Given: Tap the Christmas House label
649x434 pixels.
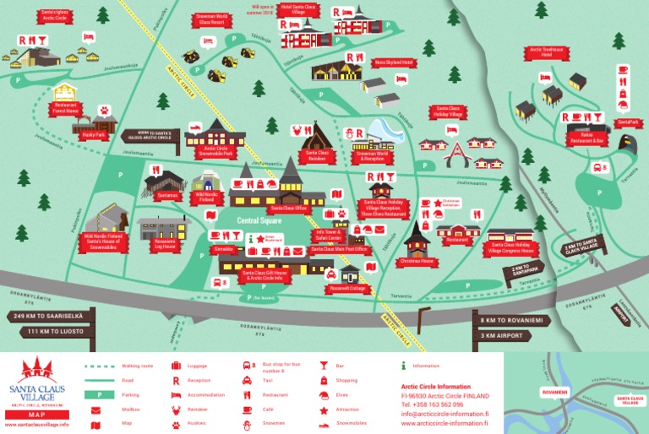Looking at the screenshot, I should pyautogui.click(x=417, y=262).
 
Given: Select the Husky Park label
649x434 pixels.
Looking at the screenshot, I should pyautogui.click(x=95, y=134).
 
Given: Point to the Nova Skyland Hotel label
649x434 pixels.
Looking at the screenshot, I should pyautogui.click(x=394, y=62).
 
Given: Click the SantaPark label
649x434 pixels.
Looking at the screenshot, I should pyautogui.click(x=627, y=122).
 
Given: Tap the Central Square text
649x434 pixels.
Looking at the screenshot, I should pyautogui.click(x=258, y=220).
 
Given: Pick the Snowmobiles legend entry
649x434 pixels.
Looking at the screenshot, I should pyautogui.click(x=351, y=423).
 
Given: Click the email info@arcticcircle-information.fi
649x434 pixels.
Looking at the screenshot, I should pyautogui.click(x=444, y=414).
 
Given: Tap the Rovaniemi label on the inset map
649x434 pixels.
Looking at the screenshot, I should pyautogui.click(x=554, y=392).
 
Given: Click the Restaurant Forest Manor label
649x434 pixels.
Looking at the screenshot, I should pyautogui.click(x=66, y=109).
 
